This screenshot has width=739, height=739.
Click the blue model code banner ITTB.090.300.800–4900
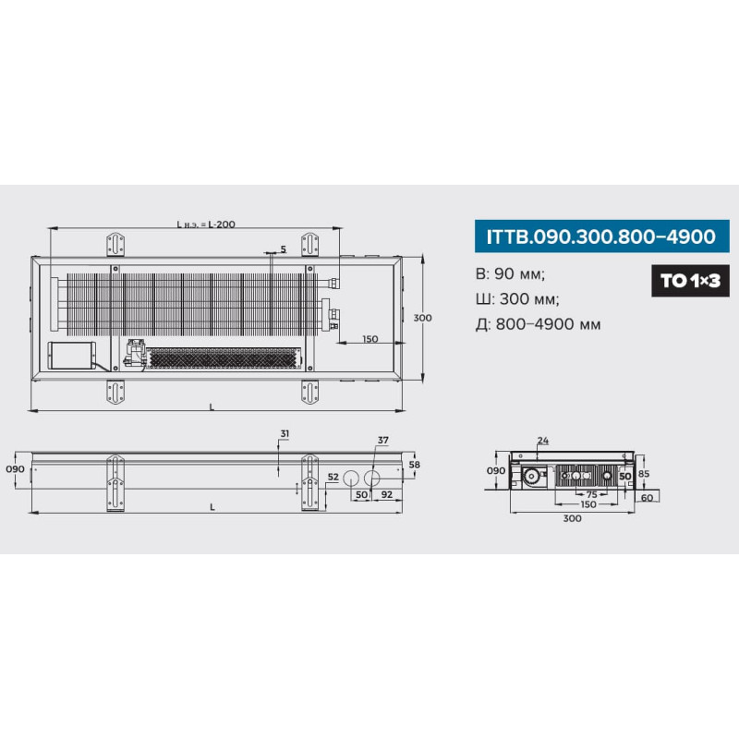point(602,236)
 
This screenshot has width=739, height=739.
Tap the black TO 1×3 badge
point(690,281)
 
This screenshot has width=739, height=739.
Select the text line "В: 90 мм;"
point(510,273)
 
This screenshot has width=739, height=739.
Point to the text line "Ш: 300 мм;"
point(517,298)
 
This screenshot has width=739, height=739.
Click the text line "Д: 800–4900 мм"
point(538,324)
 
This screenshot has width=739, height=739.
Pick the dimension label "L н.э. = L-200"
point(206,224)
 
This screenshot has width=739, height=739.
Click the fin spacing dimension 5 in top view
point(283,248)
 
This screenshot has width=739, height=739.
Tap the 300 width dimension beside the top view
point(422,318)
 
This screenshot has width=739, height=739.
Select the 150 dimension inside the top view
point(370,338)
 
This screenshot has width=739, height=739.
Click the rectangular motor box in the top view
point(72,356)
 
